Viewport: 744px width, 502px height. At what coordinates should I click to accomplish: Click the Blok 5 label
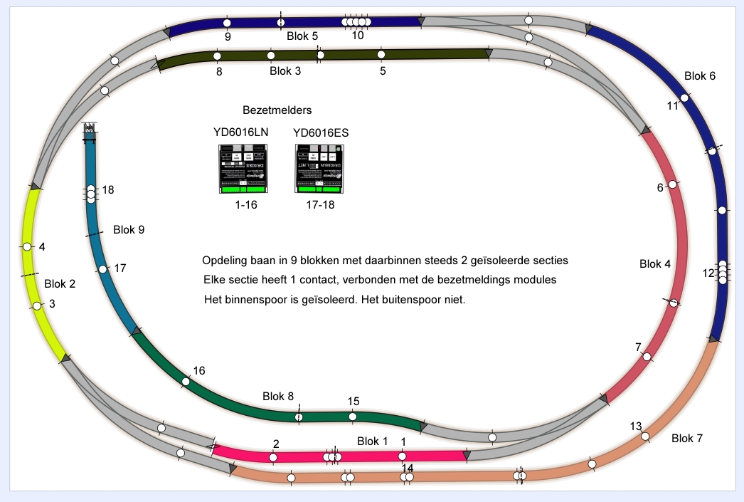click(x=302, y=36)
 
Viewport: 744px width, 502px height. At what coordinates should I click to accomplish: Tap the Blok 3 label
click(x=285, y=71)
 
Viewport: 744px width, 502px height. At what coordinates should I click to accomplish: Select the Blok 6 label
click(x=700, y=76)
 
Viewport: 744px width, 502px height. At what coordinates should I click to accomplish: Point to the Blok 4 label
click(x=655, y=264)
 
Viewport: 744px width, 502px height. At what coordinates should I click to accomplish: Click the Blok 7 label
click(x=687, y=438)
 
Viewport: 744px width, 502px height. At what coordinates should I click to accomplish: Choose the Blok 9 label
click(x=129, y=230)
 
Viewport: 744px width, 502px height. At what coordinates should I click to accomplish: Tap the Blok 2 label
click(x=60, y=283)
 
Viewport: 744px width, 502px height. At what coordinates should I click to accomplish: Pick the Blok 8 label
click(x=278, y=397)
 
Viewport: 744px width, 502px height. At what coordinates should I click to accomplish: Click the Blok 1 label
click(x=372, y=441)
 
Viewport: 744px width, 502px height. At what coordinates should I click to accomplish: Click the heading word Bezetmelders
click(x=277, y=111)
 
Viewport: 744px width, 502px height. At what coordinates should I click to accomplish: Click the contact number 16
click(x=199, y=370)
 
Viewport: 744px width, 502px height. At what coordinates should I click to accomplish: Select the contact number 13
click(x=636, y=426)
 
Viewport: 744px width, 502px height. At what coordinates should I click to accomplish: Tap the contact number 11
click(x=673, y=106)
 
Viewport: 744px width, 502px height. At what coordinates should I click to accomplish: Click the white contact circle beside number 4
click(x=26, y=246)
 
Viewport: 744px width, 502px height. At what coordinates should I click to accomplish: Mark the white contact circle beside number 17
click(x=103, y=269)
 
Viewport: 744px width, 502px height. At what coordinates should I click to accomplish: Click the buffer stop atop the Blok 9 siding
click(x=90, y=130)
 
